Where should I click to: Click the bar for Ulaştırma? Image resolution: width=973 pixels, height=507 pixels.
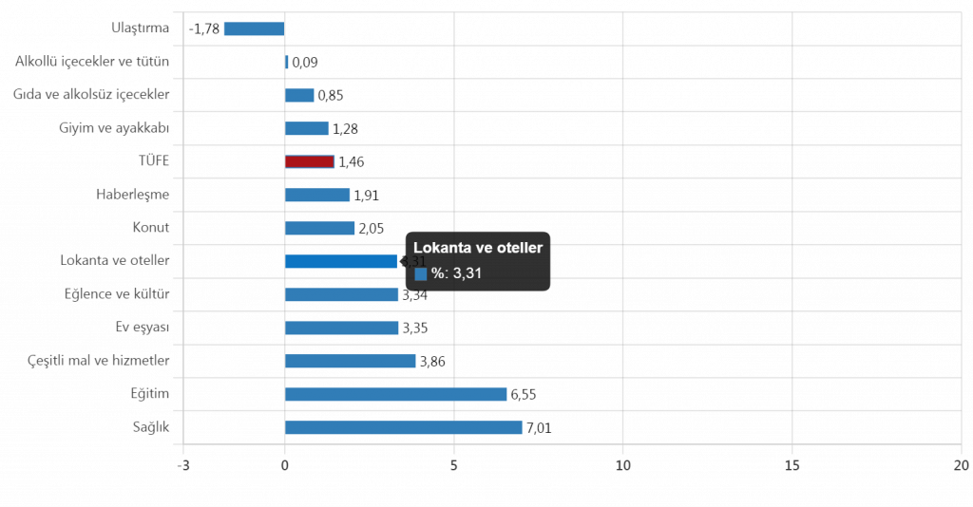coord(254,28)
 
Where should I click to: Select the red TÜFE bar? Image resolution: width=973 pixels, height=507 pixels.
coord(310,161)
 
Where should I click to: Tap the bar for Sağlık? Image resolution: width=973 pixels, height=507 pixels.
coord(404,427)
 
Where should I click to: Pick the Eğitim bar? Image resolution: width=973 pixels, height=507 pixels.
coord(396,394)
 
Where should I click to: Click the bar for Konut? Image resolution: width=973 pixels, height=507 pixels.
coord(320,228)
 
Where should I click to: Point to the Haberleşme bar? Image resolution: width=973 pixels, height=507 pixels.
coord(317,195)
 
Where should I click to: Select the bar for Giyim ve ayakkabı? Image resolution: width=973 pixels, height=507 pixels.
coord(307,128)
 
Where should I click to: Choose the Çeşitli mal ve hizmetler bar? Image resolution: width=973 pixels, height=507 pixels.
coord(351,361)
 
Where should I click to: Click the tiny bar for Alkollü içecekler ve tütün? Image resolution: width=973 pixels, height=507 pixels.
coord(287,62)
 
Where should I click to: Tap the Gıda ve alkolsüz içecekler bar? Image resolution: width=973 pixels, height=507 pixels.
coord(299,95)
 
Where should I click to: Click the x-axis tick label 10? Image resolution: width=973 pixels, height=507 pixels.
coord(623,465)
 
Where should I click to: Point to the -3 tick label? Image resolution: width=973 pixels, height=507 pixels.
coord(182,465)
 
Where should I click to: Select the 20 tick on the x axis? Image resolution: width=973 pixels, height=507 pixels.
coord(961,465)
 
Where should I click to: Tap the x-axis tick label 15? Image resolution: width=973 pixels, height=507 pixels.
coord(792,465)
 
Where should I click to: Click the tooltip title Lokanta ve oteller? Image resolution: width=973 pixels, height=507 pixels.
coord(478,248)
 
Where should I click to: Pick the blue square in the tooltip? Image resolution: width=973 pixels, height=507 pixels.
coord(421,274)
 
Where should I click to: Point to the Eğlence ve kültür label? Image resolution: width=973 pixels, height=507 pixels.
coord(116,294)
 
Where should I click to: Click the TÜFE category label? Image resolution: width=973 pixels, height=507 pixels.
coord(153,161)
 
